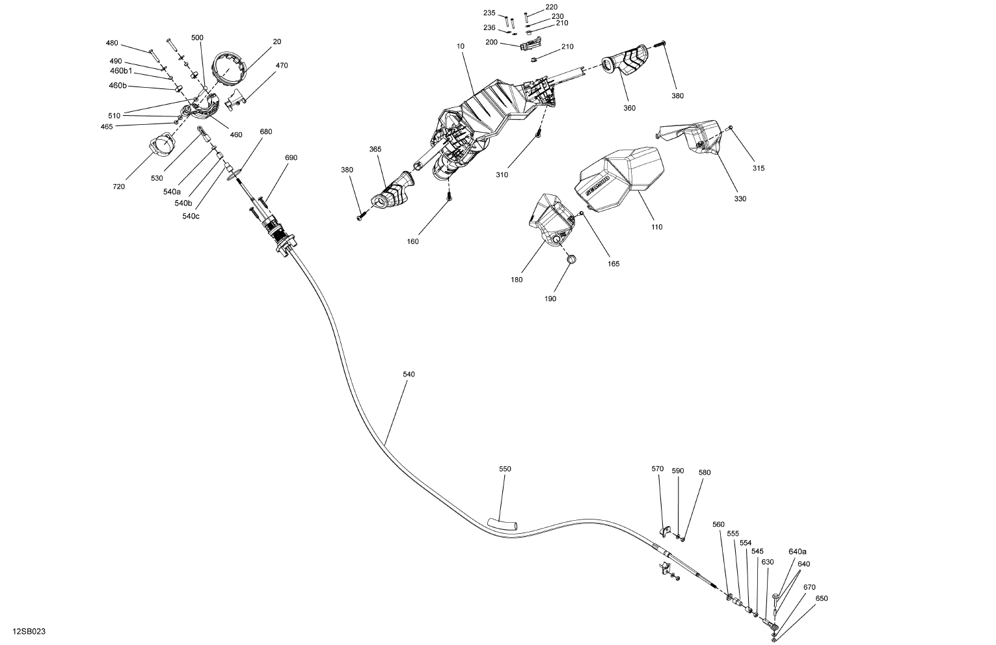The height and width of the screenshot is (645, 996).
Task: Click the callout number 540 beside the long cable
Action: [x=409, y=375]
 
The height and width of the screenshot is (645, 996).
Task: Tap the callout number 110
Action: [x=656, y=227]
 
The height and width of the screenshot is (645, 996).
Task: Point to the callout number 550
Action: [x=505, y=469]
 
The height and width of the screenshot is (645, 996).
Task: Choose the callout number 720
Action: [x=118, y=187]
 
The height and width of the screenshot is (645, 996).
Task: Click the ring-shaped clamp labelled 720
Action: [x=163, y=144]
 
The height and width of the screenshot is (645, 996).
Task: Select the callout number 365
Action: [x=375, y=149]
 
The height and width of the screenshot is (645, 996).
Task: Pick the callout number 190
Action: [x=550, y=299]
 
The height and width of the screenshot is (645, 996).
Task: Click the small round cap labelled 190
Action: [x=572, y=260]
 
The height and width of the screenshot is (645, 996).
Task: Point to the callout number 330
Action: [x=740, y=198]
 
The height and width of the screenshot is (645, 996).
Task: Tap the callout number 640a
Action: [x=798, y=551]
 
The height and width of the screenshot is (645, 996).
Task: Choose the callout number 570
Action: [x=658, y=469]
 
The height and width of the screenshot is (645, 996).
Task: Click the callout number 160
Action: [x=412, y=241]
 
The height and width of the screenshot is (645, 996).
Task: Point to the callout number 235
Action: [x=489, y=13]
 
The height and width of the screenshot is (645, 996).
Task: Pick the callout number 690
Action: [x=291, y=158]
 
